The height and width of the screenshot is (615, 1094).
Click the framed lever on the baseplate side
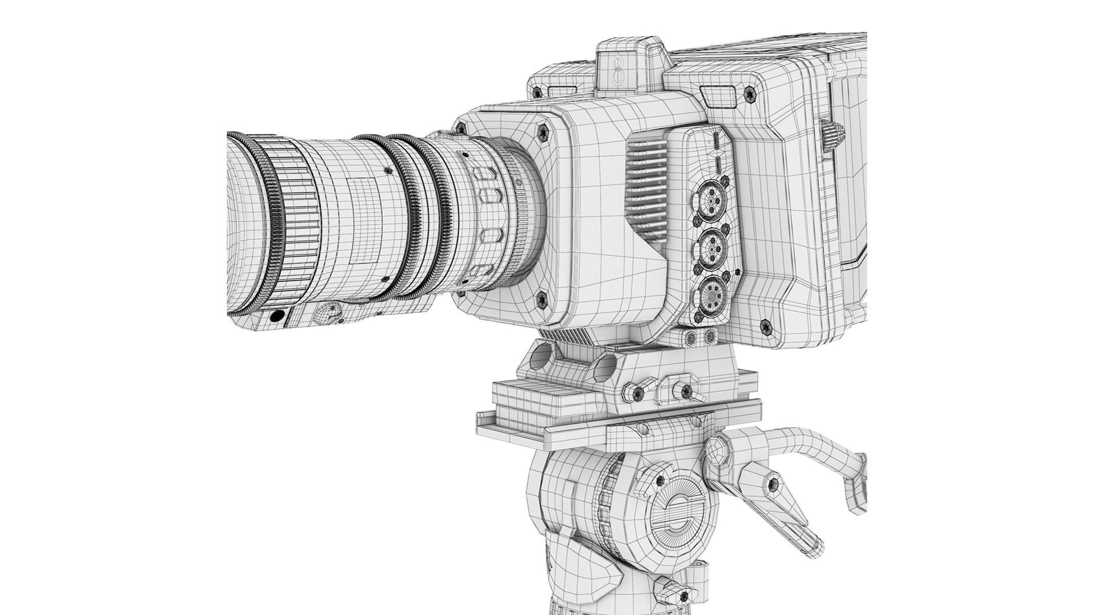tap(681, 391)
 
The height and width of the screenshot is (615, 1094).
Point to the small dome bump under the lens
tap(326, 313)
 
